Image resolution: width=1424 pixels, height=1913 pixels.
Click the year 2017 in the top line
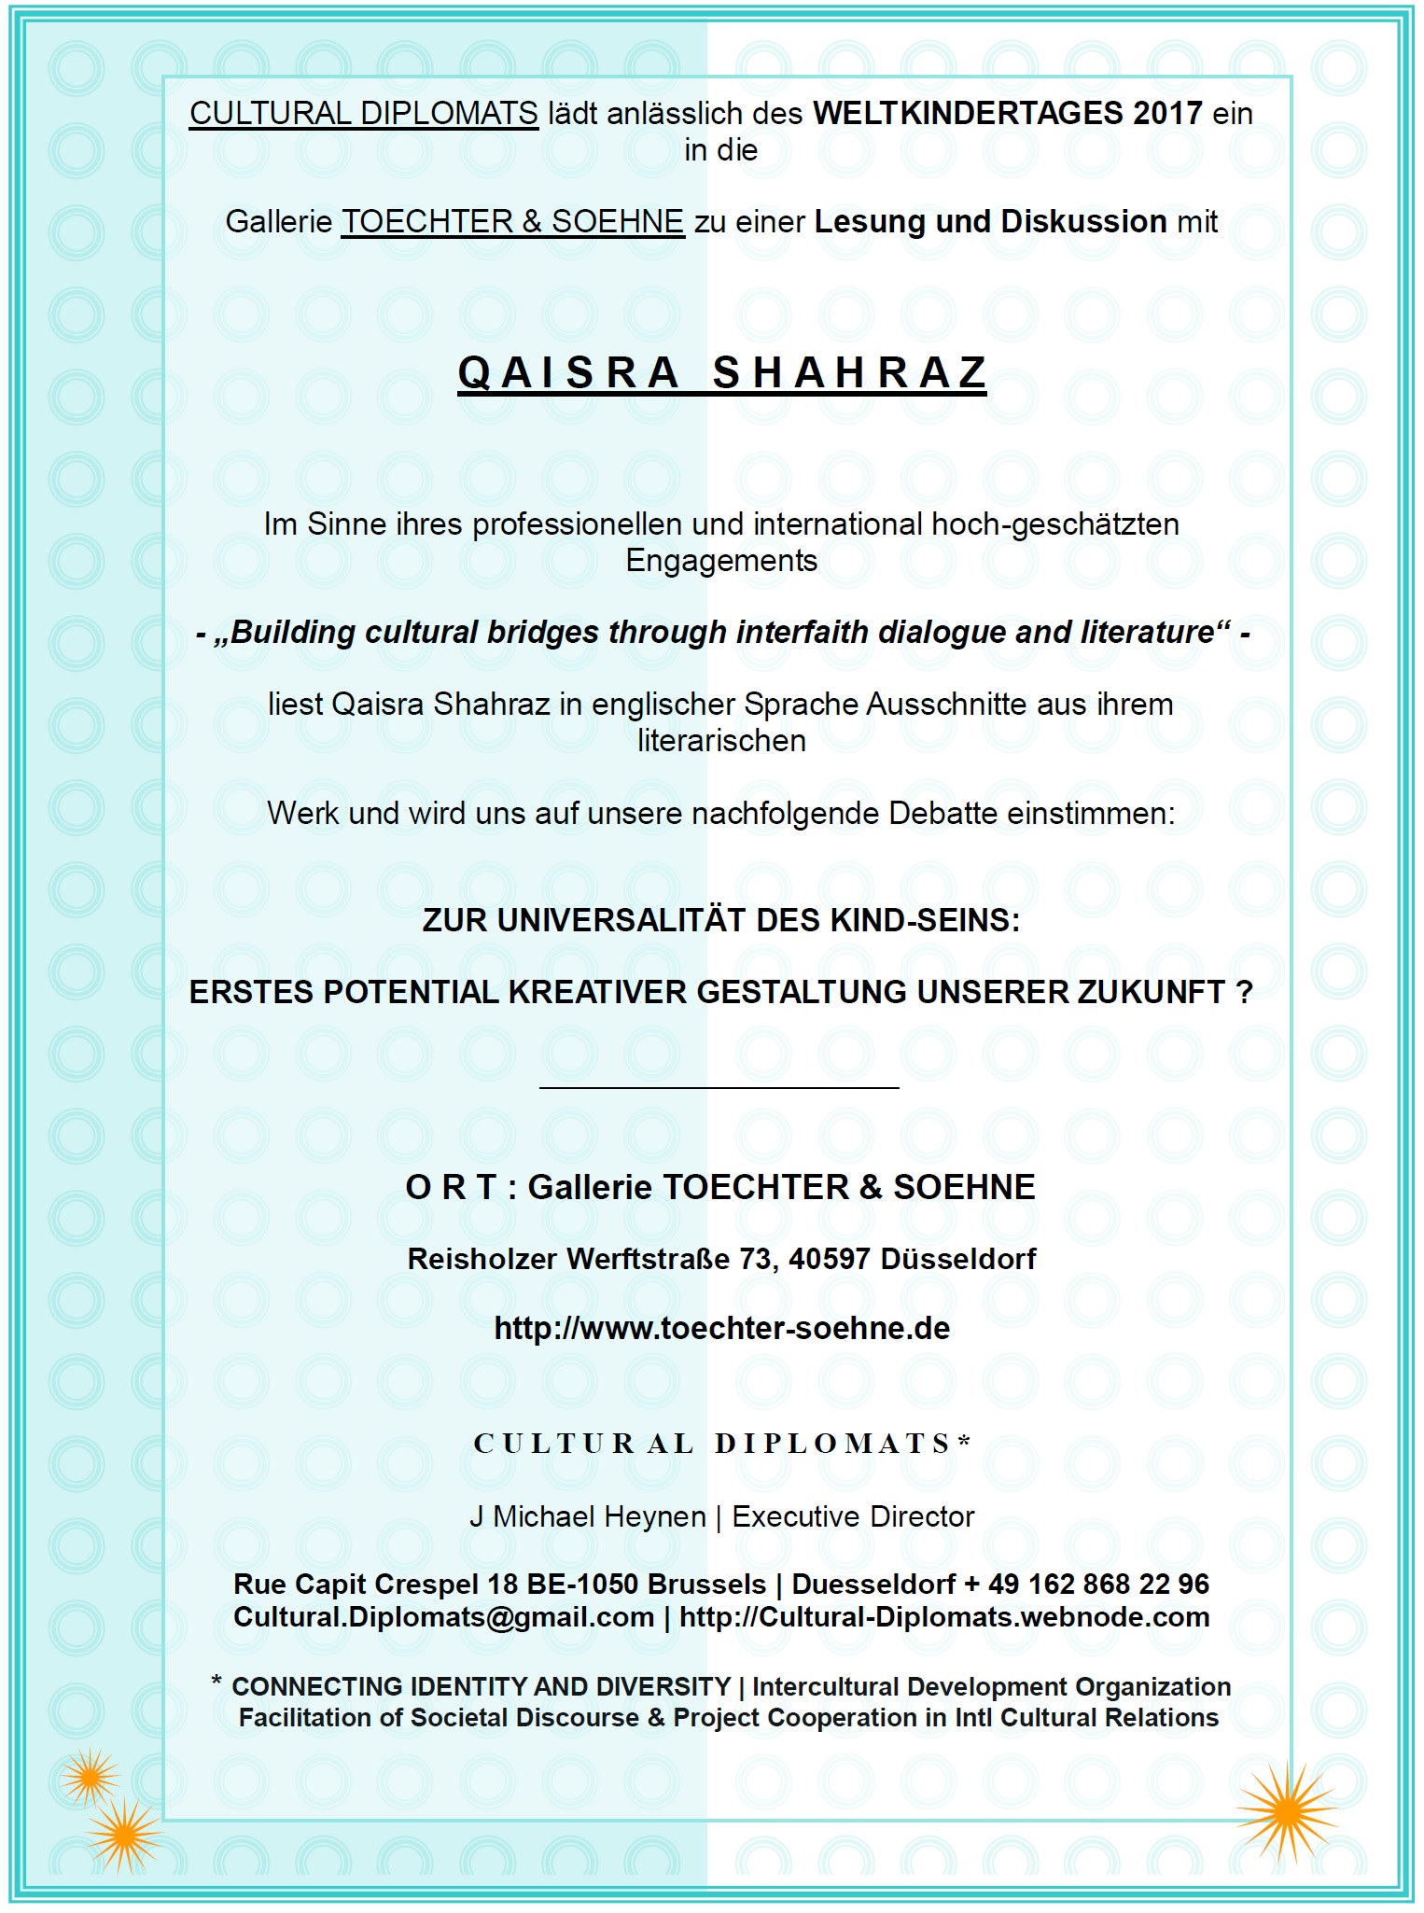(1167, 114)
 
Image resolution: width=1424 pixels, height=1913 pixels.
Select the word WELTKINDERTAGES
(968, 114)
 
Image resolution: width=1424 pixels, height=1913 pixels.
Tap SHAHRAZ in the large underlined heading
(849, 373)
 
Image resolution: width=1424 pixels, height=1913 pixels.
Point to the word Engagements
(721, 561)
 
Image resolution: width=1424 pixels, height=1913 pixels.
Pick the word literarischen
(721, 741)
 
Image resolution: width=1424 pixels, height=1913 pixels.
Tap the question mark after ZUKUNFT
(1244, 992)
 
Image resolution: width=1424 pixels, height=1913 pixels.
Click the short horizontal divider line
(719, 1087)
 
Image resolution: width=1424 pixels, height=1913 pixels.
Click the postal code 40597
(830, 1259)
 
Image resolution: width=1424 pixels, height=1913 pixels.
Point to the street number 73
(756, 1259)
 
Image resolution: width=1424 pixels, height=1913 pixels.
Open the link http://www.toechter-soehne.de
(721, 1328)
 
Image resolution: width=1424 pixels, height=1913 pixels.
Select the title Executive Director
(853, 1517)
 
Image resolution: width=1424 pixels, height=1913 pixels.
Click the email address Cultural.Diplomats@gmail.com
(443, 1617)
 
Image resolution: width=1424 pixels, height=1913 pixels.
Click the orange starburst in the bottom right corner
(1287, 1810)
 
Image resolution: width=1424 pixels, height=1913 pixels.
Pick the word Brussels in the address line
(706, 1585)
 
